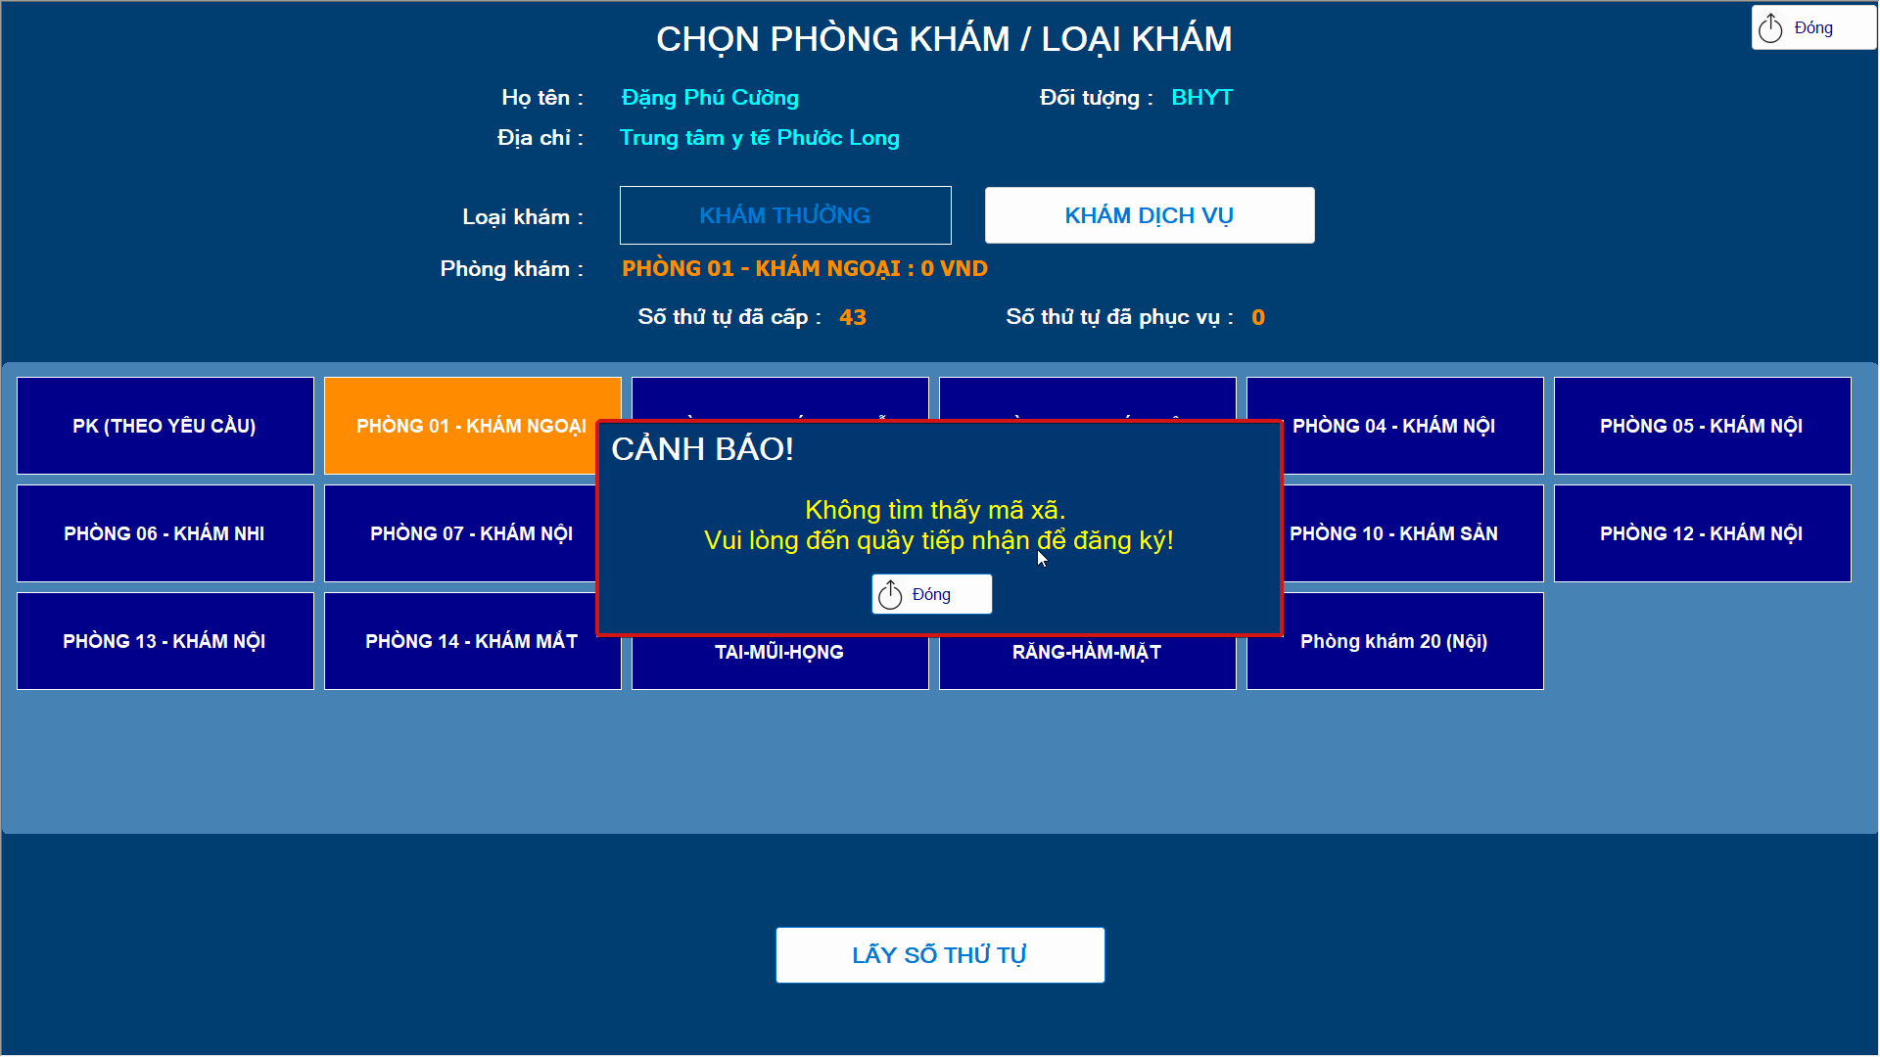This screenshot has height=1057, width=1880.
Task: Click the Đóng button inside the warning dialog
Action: tap(931, 594)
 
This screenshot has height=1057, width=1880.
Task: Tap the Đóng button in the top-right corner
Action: tap(1812, 28)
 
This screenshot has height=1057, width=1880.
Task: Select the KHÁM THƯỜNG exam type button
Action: tap(784, 215)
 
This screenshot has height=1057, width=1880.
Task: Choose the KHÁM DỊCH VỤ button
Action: tap(1149, 215)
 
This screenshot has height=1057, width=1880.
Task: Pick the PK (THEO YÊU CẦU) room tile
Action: tap(164, 426)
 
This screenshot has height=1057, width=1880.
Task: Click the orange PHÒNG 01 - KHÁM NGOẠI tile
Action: tap(460, 426)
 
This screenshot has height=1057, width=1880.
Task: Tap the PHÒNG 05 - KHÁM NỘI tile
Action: tap(1702, 426)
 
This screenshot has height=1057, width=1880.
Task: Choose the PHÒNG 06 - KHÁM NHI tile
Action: tap(164, 533)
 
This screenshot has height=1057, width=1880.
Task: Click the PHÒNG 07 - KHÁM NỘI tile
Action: tap(460, 533)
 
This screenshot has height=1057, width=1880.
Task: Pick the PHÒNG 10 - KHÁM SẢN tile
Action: tap(1410, 533)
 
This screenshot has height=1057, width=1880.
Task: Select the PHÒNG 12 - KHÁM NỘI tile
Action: tap(1702, 533)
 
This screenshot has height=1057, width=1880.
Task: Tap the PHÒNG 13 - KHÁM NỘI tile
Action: tap(164, 641)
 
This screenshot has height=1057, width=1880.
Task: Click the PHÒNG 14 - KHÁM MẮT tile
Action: tap(471, 641)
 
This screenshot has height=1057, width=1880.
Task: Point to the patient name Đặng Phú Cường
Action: tap(710, 98)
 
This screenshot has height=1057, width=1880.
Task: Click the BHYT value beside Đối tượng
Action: tap(1201, 98)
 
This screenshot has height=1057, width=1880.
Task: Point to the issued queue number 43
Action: tap(852, 317)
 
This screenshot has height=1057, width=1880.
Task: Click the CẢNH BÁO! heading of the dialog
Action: tap(702, 449)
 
